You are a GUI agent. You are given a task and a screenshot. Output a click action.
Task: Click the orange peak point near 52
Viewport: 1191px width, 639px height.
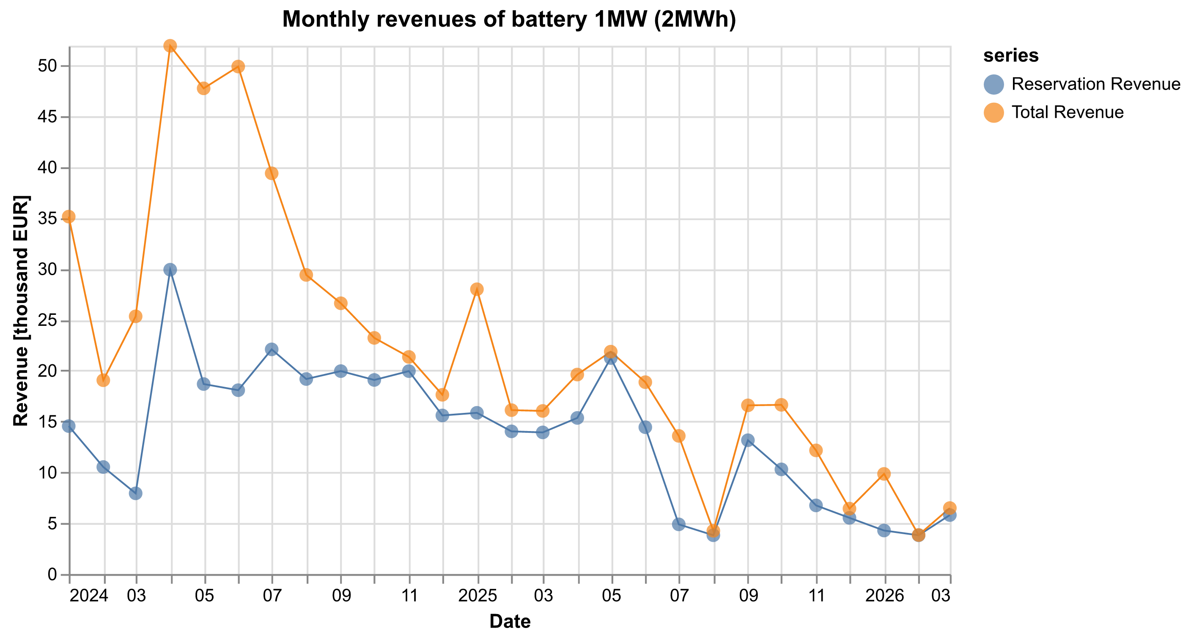coord(170,46)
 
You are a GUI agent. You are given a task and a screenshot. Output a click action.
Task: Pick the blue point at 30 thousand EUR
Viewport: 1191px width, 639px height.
coord(170,269)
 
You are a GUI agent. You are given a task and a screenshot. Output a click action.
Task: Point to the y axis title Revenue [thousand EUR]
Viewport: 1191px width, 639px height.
coord(21,311)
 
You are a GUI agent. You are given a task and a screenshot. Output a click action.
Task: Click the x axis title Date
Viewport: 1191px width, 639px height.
coord(510,621)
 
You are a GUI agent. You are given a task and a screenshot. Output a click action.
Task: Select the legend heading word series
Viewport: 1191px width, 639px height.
coord(1011,55)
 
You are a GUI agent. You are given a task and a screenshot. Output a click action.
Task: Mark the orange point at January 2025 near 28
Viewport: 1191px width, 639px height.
coord(477,289)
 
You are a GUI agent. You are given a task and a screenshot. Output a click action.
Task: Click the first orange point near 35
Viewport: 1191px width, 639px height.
coord(69,217)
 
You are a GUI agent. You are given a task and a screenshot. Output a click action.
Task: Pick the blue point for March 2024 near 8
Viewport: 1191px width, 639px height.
coord(135,494)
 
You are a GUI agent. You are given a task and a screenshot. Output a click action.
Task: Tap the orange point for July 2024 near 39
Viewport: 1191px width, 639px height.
coord(272,173)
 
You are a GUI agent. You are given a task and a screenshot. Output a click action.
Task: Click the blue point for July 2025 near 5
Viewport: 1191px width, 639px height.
coord(679,524)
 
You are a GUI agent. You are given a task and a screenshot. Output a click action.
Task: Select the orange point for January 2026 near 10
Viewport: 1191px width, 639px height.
coord(884,474)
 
